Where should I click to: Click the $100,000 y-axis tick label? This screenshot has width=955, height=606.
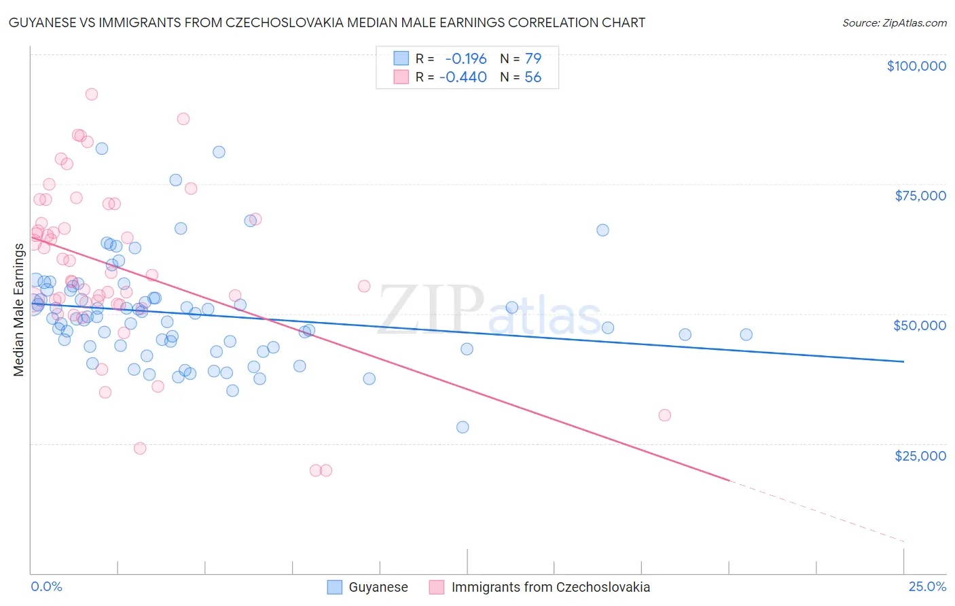pos(916,66)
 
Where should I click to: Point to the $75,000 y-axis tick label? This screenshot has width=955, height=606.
pos(920,196)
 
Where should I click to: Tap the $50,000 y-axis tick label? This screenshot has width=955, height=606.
pos(919,325)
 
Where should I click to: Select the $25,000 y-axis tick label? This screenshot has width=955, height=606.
pos(920,455)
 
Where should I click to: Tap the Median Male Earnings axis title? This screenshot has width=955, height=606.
pos(18,310)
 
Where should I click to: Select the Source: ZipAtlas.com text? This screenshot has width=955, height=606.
pos(894,23)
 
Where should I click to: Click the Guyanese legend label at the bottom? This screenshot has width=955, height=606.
pos(378,587)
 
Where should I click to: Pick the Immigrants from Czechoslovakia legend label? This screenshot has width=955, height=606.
pos(550,587)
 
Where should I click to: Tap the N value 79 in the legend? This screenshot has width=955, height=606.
pos(533,58)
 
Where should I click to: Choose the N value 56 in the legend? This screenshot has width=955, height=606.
pos(533,77)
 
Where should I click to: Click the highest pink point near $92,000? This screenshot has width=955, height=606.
pos(92,94)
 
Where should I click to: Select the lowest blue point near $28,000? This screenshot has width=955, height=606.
pos(463,427)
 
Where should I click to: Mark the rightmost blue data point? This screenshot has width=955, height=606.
pos(746,334)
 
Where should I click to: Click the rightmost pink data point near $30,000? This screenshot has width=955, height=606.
pos(664,415)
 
